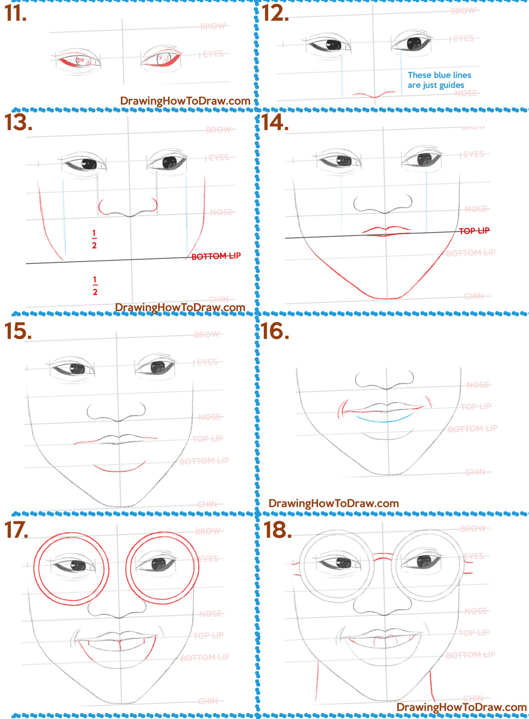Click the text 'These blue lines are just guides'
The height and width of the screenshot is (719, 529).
tap(439, 80)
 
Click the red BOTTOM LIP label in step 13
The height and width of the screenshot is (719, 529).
tap(216, 256)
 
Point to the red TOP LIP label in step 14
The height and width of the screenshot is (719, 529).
tap(474, 231)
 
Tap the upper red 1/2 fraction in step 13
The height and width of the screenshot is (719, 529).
tap(94, 239)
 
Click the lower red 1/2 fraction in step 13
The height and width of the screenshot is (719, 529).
tap(95, 286)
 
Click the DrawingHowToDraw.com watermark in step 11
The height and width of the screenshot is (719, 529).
tap(185, 101)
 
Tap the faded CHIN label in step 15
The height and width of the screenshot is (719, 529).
tap(207, 505)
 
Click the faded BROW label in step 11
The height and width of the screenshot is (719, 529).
tap(213, 26)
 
